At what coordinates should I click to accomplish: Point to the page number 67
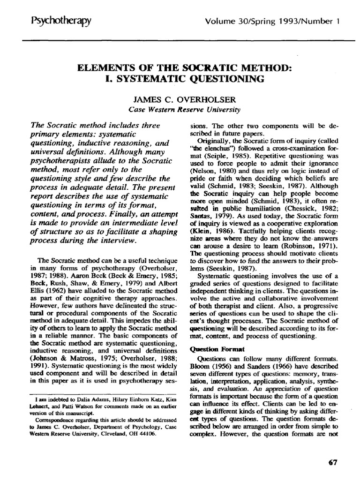333,462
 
